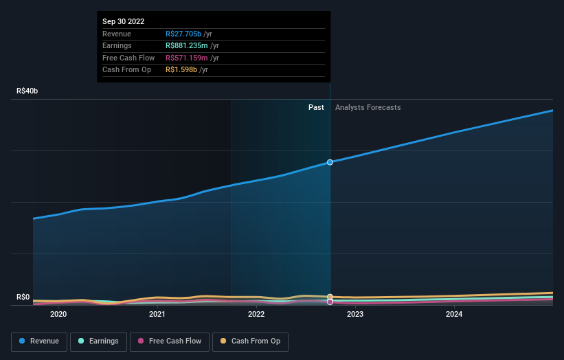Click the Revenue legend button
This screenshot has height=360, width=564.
pos(39,341)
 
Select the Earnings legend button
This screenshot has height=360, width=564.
pos(98,341)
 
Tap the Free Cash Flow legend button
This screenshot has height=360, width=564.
pos(169,341)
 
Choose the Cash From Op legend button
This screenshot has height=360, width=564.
pos(250,341)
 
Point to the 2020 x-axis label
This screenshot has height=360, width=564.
pos(58,315)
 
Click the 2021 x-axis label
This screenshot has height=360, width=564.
pos(157,315)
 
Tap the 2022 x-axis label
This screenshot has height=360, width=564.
pos(256,315)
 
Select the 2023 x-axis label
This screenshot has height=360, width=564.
pos(355,315)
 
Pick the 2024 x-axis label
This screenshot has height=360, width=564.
pos(454,315)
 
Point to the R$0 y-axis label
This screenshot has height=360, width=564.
pos(23,297)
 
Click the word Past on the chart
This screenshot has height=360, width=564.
pos(316,107)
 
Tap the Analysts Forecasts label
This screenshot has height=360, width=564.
pos(368,107)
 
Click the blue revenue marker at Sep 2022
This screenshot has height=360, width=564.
pos(330,162)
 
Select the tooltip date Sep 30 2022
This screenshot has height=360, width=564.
pos(124,22)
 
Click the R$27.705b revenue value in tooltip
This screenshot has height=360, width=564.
pos(183,34)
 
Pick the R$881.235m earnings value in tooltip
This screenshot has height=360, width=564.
pos(187,46)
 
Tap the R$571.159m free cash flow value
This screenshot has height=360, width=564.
pos(187,58)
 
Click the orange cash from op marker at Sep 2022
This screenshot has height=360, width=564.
pos(330,297)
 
